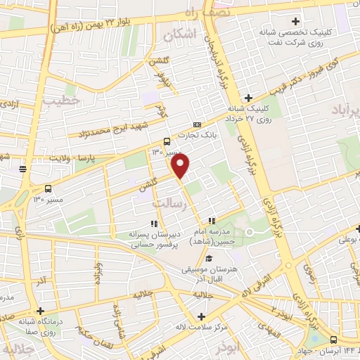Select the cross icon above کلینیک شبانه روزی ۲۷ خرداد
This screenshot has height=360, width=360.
(247, 98)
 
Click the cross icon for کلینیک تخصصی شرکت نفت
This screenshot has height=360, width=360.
(295, 21)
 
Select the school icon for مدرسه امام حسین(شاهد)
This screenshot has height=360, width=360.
(212, 221)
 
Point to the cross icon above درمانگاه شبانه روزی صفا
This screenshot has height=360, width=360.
(41, 310)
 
